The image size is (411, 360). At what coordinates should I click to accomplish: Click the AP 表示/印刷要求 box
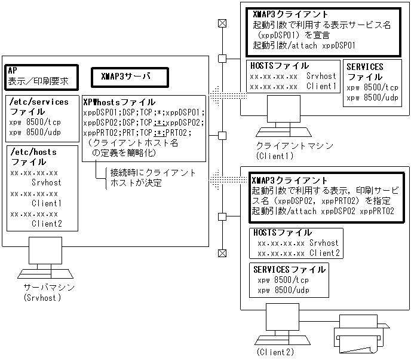tap(41, 77)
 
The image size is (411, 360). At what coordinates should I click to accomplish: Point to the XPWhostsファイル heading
tap(119, 102)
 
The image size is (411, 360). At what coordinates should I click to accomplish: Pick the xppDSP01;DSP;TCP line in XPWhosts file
tap(144, 112)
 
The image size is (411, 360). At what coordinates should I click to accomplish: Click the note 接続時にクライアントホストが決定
tap(153, 178)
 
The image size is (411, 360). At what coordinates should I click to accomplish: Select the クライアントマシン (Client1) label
tap(287, 151)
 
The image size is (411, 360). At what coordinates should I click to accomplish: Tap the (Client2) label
tap(275, 352)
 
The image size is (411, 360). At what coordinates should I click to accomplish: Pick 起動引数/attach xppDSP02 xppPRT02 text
tap(323, 211)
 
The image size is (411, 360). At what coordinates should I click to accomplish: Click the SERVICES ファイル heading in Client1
tap(365, 72)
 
